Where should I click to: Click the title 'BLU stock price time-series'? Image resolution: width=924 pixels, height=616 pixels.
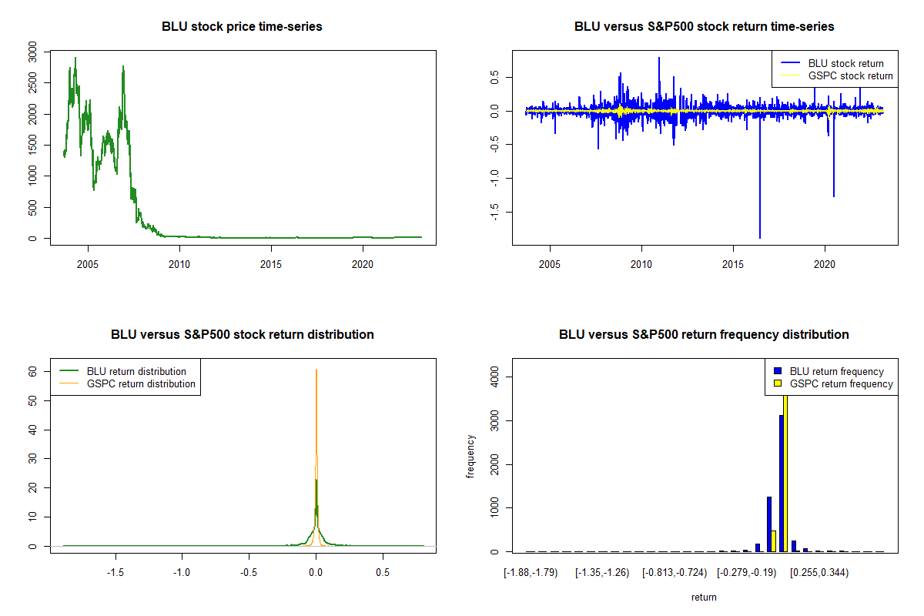tap(242, 27)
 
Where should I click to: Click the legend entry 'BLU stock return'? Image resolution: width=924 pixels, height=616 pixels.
tap(845, 63)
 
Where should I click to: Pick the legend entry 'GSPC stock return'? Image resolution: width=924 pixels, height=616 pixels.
tap(850, 75)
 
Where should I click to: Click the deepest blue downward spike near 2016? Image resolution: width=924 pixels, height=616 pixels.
tap(760, 235)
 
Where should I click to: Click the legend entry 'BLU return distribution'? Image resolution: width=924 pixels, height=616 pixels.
tap(136, 371)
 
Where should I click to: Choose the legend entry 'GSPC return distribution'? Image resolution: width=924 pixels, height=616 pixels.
tap(141, 383)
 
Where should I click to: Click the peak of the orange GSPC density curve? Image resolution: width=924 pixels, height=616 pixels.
tap(316, 370)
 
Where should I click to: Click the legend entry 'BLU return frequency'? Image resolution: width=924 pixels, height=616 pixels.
tap(837, 371)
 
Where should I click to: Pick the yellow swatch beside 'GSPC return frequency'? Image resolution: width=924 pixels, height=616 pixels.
tap(777, 383)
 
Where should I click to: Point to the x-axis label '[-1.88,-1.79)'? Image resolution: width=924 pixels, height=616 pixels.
tap(528, 573)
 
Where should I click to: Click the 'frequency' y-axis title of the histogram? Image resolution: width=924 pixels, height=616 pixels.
tap(470, 456)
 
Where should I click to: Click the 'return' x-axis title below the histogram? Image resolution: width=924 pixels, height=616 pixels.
tap(704, 598)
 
